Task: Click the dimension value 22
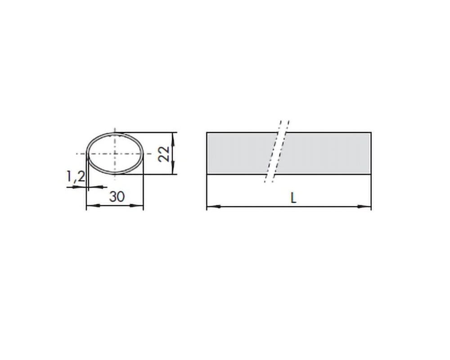coord(164,154)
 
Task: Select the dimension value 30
coord(117,197)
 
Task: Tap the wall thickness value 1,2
coord(76,176)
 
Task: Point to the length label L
coord(293,198)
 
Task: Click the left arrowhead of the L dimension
coord(214,206)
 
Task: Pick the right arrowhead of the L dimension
coord(364,206)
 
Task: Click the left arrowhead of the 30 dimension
coord(93,206)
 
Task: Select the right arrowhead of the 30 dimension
coord(136,206)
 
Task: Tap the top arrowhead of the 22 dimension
coord(173,139)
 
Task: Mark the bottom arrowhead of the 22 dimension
coord(173,167)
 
